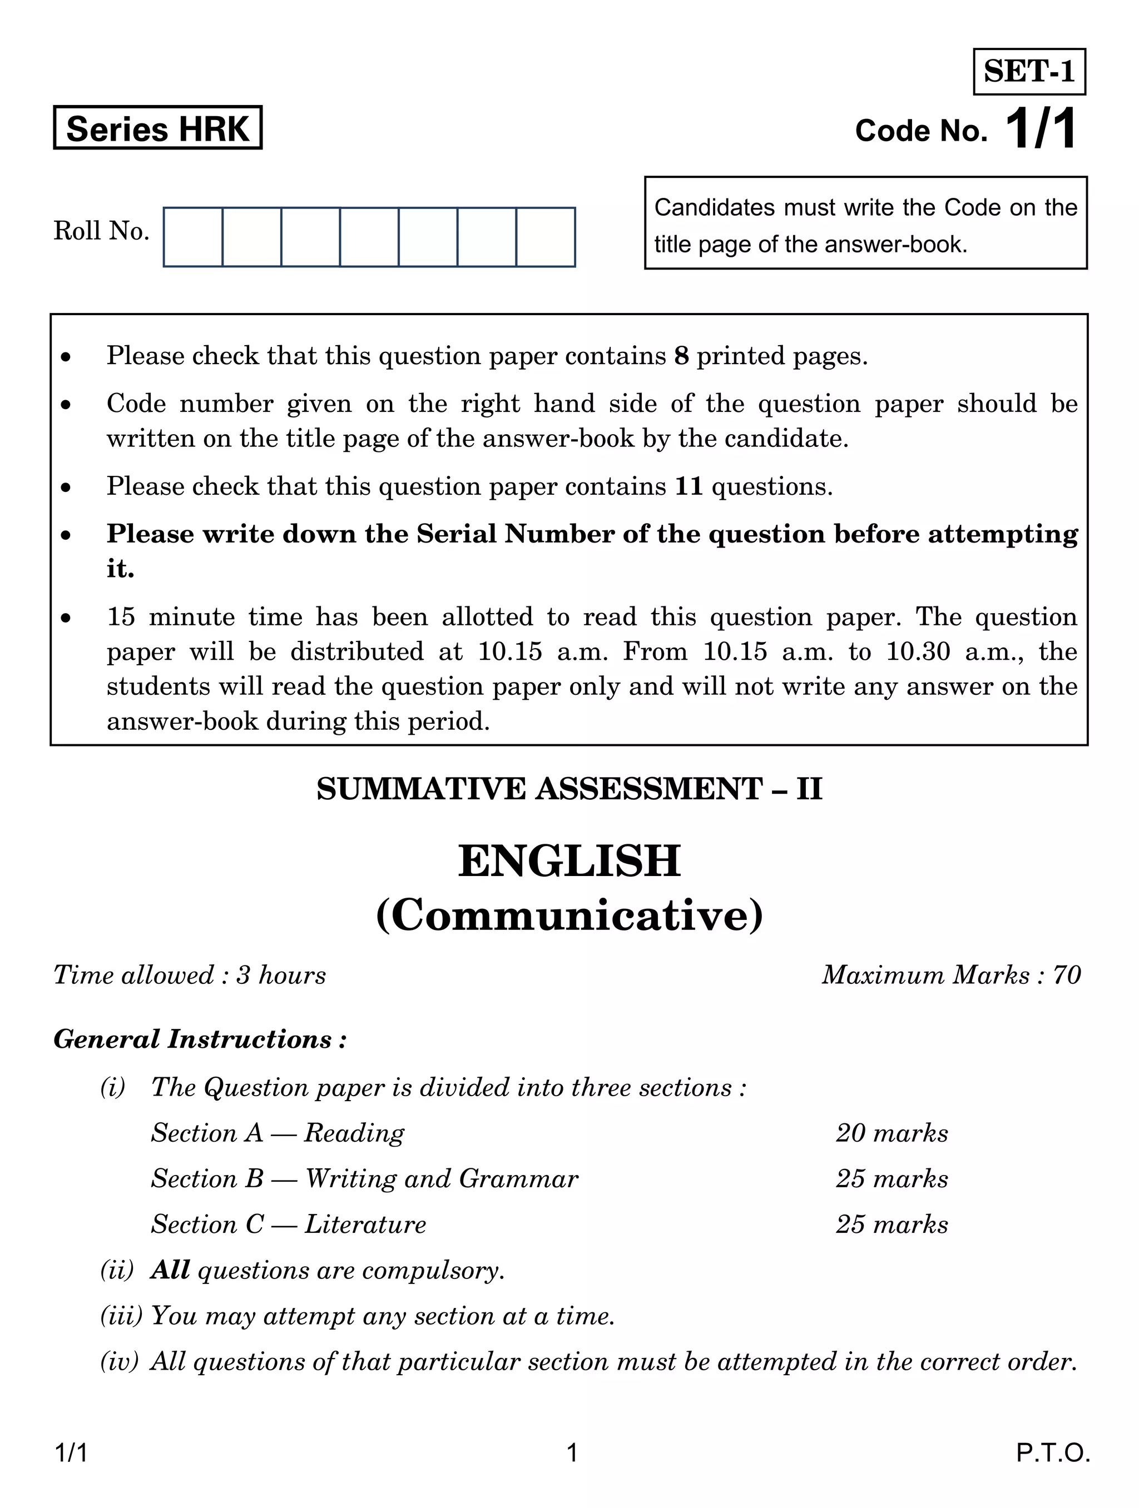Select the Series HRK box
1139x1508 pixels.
157,128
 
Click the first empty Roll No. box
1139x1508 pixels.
193,237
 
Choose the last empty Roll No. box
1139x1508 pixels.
546,237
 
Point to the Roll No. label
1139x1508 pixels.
101,231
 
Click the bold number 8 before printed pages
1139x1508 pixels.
681,356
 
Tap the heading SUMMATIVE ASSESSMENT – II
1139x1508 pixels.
569,789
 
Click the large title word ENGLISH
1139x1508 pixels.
569,861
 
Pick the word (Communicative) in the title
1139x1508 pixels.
569,916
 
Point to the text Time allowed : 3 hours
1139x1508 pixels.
190,976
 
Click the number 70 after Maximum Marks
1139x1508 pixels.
1067,976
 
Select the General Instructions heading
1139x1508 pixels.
200,1039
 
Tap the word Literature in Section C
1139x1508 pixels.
365,1225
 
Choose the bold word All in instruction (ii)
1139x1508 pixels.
170,1270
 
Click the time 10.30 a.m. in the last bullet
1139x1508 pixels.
937,653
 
